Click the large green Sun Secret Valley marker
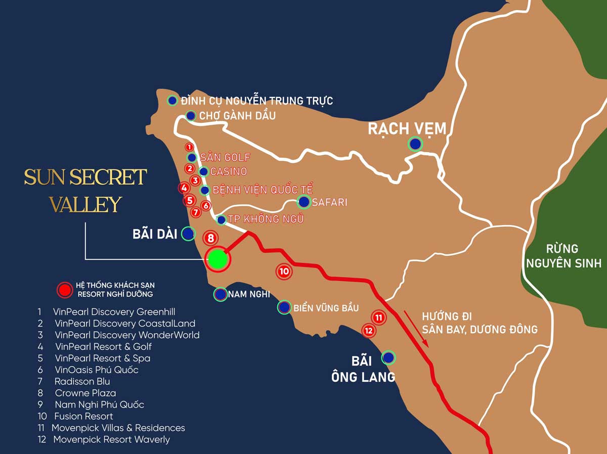pos(218,259)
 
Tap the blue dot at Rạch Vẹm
pos(415,144)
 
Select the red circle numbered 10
pos(284,271)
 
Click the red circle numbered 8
pos(211,238)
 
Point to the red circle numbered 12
pos(369,331)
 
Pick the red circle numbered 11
pos(378,317)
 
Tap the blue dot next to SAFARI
pos(304,202)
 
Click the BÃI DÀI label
pos(155,234)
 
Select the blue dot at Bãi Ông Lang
pos(388,358)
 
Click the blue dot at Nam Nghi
pos(221,294)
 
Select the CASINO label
pos(229,171)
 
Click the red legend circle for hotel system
pos(64,290)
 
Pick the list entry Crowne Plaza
pos(85,393)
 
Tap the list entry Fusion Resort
pos(83,416)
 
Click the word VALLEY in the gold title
pos(85,205)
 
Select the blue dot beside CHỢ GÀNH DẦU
pos(191,116)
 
